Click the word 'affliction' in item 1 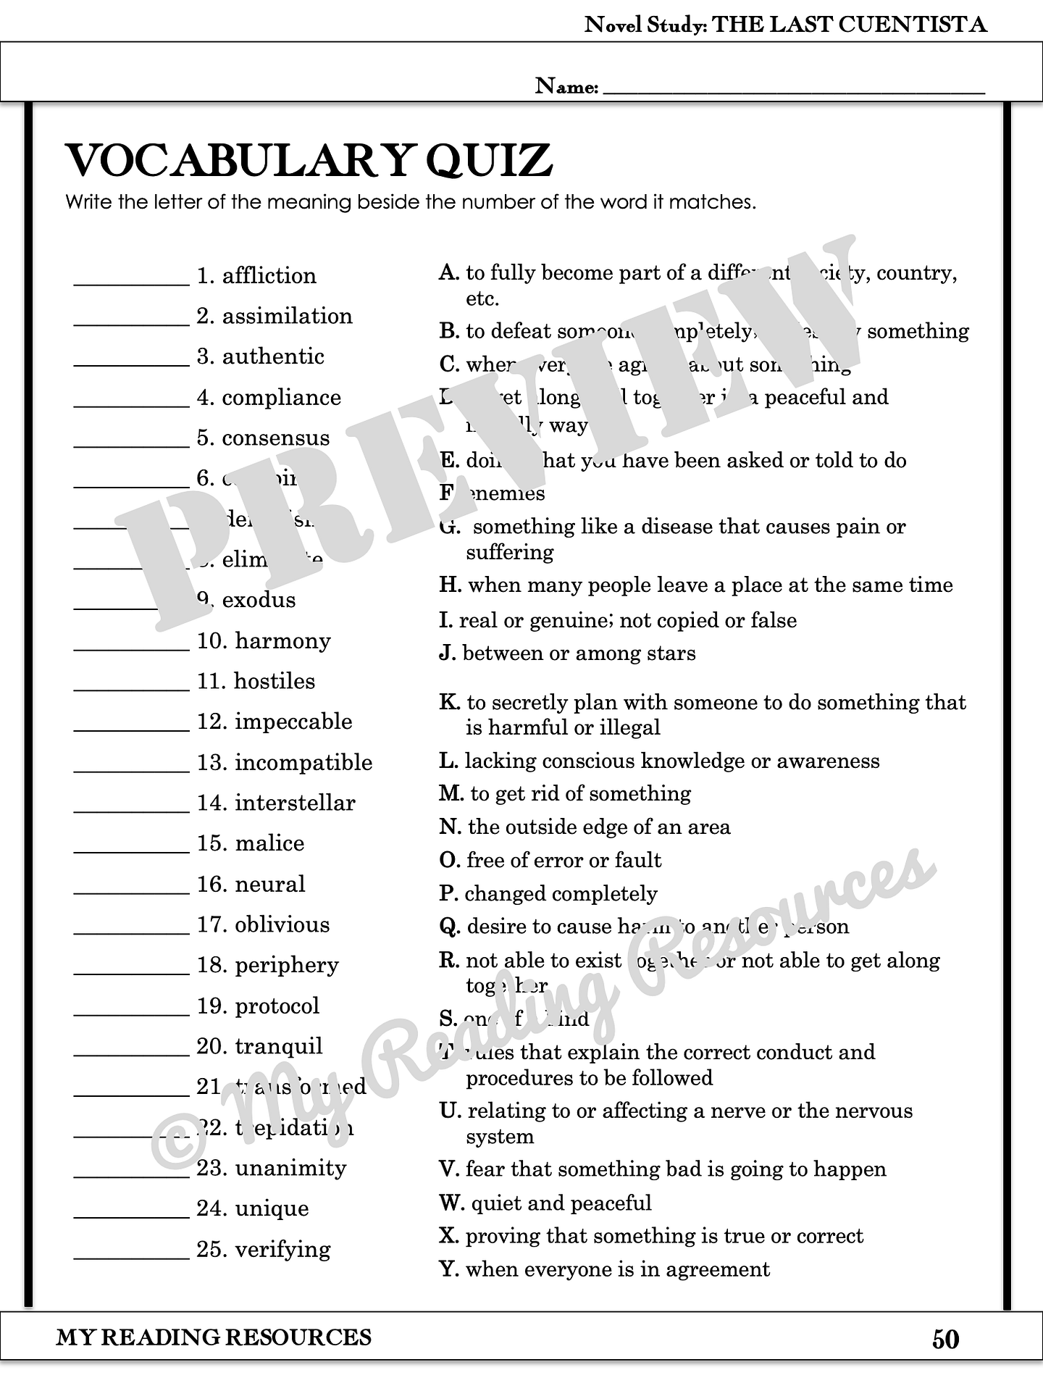click(x=269, y=276)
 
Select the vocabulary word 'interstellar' click(x=295, y=803)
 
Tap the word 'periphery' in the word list click(x=287, y=966)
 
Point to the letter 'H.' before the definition click(x=450, y=585)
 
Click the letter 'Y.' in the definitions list click(x=449, y=1269)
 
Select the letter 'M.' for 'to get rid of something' click(x=451, y=794)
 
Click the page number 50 click(x=945, y=1340)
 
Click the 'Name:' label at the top click(x=566, y=87)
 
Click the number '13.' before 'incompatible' click(x=212, y=763)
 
